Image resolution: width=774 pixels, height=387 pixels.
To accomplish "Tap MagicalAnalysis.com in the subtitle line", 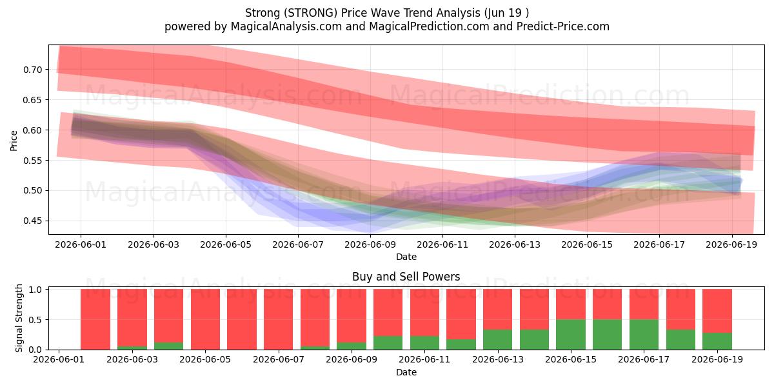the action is pos(286,26).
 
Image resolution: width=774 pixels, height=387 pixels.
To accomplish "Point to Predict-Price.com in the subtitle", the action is pos(563,26).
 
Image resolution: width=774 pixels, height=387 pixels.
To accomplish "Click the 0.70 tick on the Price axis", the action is pos(32,70).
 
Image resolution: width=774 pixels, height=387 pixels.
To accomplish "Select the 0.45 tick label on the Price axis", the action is pos(32,221).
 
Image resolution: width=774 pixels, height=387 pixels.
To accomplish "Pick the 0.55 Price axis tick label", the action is pos(32,161).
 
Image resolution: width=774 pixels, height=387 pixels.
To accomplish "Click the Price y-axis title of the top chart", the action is pos(14,141).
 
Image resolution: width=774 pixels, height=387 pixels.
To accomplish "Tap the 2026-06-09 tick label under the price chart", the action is pos(370,244).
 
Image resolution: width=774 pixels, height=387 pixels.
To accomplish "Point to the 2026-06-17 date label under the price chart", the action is pos(659,244).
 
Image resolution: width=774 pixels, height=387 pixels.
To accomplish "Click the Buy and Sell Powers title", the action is pos(406,277).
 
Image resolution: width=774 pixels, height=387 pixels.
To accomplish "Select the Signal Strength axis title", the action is pos(19,318).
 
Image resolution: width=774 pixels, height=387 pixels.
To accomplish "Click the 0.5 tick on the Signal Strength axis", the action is pos(35,320).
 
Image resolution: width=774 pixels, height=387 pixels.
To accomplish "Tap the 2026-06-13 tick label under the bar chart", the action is pos(497,359).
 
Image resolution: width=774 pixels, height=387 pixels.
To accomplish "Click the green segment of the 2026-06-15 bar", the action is pos(571,335).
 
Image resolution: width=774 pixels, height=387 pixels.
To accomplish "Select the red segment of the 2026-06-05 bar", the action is pos(205,319).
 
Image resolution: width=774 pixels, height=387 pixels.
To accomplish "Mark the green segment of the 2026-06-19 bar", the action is pos(717,341).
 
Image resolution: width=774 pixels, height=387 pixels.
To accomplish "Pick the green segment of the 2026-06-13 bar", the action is pos(497,340).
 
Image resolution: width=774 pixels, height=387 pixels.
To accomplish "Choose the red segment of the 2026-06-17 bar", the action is pos(644,304).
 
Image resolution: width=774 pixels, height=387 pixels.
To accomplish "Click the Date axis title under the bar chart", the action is pos(406,372).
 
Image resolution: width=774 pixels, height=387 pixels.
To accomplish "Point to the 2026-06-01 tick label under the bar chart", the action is pos(59,359).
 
